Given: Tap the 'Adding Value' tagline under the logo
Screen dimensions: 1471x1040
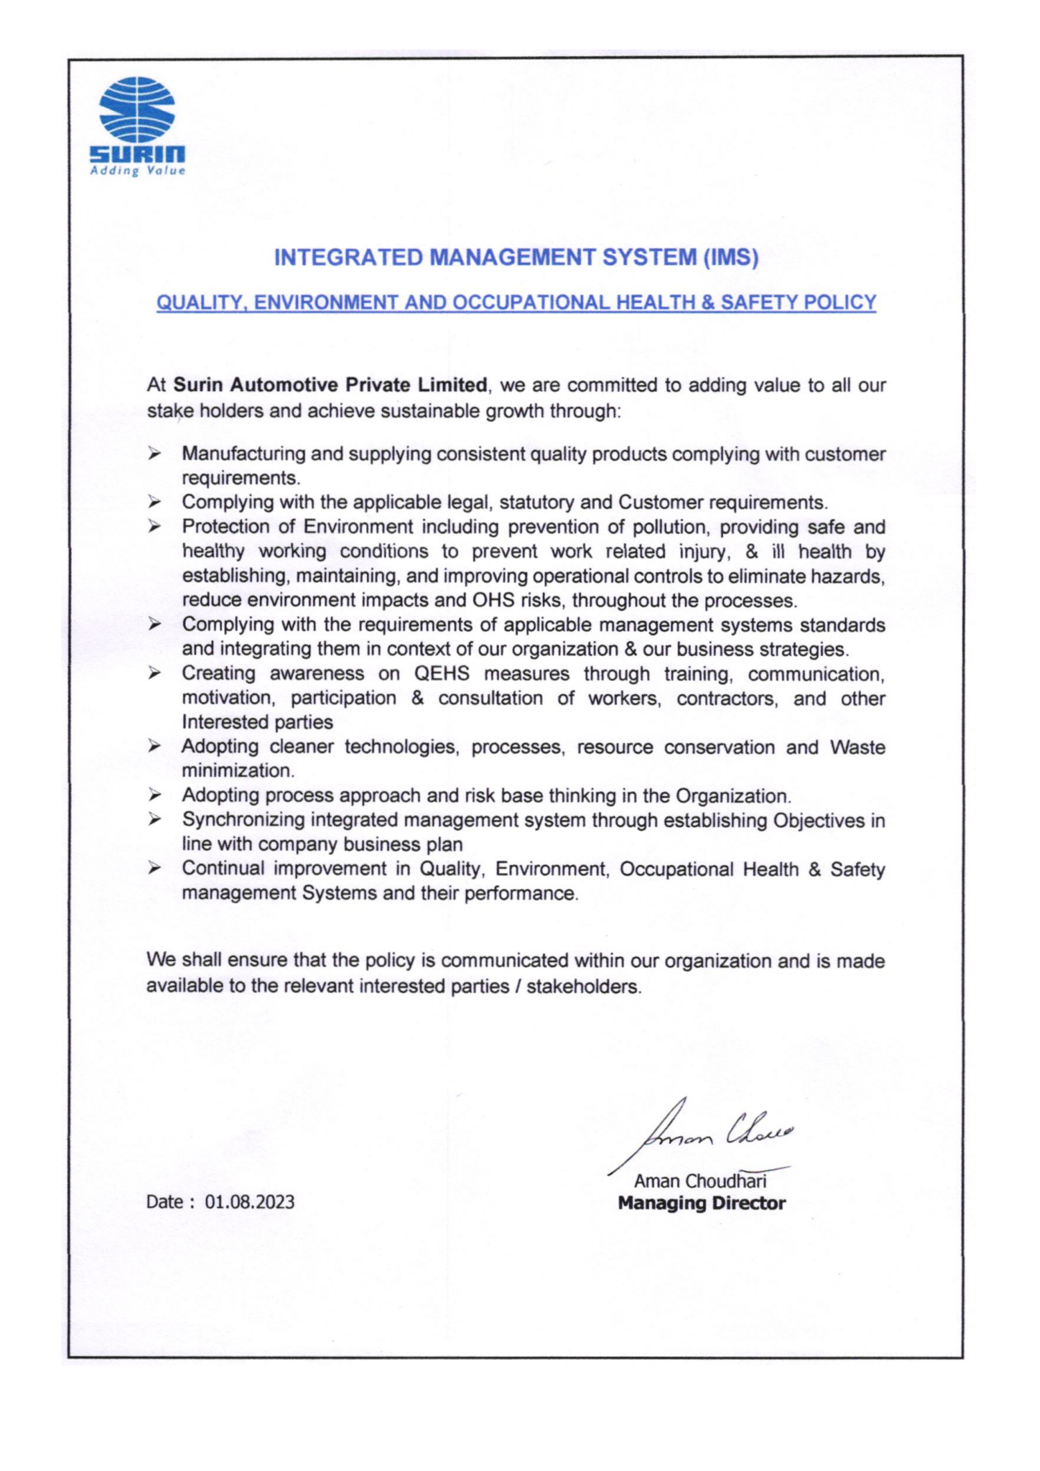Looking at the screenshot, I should point(138,171).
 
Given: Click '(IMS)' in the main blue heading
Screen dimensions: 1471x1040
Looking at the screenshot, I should point(731,258).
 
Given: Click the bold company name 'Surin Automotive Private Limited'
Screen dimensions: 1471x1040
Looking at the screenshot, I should point(330,385).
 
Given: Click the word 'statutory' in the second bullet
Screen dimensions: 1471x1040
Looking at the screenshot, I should point(537,502).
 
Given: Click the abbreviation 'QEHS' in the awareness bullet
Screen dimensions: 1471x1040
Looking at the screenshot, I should point(442,673).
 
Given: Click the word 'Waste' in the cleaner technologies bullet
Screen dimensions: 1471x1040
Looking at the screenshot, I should point(858,748).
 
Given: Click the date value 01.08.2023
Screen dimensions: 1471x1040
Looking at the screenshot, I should point(250,1202).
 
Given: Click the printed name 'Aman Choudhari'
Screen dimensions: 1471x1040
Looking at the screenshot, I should point(700,1182).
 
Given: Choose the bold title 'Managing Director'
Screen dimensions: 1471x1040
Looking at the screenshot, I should point(702,1203).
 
